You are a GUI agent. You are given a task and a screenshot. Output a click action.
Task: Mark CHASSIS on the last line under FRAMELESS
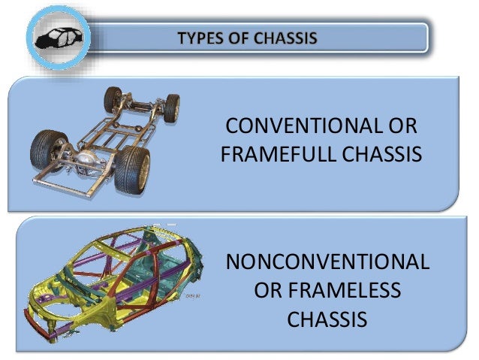point(327,319)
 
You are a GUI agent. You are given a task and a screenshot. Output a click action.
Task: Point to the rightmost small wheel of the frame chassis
point(172,107)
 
